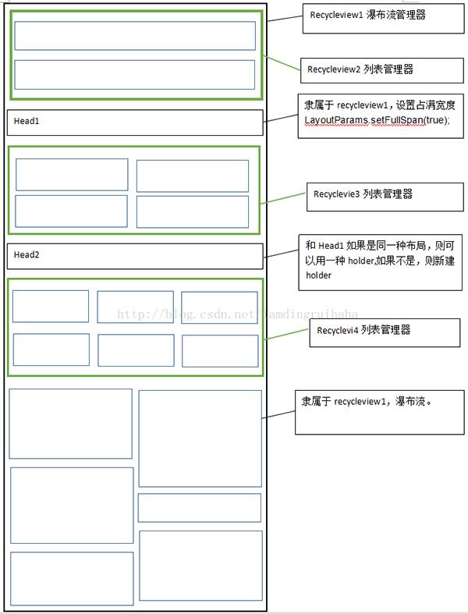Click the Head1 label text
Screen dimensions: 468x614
click(x=27, y=122)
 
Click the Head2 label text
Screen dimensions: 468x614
click(x=27, y=255)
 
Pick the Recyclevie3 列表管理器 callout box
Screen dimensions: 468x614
click(x=363, y=193)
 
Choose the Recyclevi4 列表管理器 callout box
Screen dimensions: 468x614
click(x=363, y=331)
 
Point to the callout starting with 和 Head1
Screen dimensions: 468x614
click(x=381, y=261)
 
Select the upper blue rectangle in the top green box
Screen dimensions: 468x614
click(x=135, y=36)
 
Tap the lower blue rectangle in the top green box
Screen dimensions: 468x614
click(x=135, y=74)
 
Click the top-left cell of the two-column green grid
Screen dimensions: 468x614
click(x=72, y=175)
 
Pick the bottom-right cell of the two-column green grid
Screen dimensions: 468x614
click(x=193, y=211)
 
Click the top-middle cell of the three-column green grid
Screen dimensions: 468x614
click(x=135, y=307)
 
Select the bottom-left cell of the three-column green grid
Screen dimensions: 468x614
click(x=51, y=350)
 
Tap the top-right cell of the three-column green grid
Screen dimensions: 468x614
click(x=219, y=307)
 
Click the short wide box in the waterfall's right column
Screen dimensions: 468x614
click(x=199, y=507)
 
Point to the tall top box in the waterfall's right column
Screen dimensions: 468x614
click(x=200, y=438)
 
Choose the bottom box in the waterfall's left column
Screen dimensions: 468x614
click(x=72, y=579)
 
